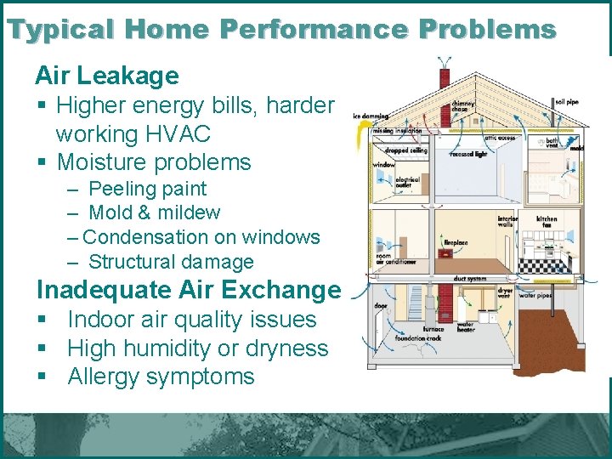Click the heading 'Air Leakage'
coord(107,76)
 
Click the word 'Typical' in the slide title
coord(60,30)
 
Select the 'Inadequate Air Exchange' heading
coord(188,290)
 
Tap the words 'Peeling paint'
coord(147,189)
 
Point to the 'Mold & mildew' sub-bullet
coord(154,212)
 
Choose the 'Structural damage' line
coord(170,262)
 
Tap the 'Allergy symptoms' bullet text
coord(161,377)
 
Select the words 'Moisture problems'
coord(153,161)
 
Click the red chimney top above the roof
coord(444,76)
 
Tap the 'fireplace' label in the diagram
coord(455,242)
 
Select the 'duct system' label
coord(470,278)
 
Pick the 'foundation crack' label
coord(416,338)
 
